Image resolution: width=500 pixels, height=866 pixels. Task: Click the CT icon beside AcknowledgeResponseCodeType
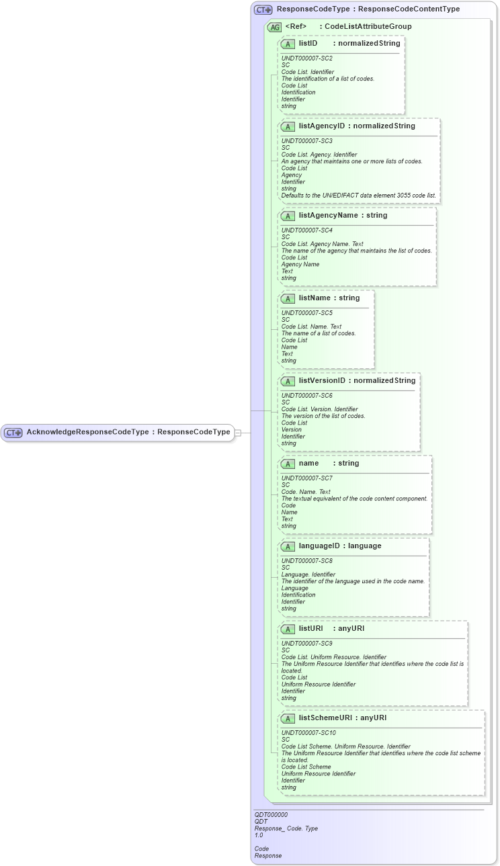tap(13, 433)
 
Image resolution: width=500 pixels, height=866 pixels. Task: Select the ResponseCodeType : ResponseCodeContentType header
tap(368, 9)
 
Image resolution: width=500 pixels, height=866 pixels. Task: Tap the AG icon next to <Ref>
tap(274, 28)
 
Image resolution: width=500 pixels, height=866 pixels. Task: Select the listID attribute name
tap(308, 43)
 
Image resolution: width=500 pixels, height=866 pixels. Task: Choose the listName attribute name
tap(314, 298)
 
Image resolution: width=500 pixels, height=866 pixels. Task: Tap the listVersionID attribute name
tap(322, 380)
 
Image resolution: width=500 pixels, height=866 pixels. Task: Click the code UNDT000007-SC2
tap(306, 58)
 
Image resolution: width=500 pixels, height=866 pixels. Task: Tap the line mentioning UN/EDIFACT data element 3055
tap(358, 196)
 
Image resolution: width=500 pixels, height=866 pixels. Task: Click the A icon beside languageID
tap(288, 546)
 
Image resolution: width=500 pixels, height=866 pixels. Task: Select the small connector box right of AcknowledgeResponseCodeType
tap(237, 433)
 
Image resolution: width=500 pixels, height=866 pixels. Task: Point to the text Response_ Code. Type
tap(286, 828)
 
